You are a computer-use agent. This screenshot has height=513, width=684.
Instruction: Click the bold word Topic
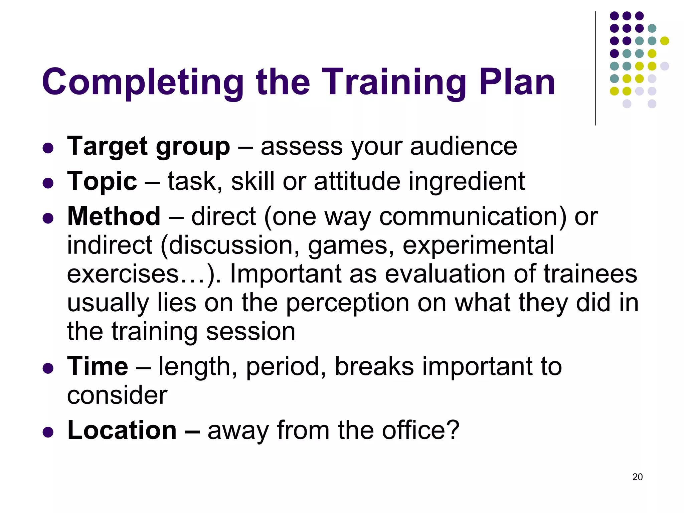point(102,182)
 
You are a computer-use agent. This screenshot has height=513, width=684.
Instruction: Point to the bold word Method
point(114,216)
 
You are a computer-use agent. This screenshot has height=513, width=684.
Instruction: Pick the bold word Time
point(98,366)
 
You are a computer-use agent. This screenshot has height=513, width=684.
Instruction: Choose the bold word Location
point(122,430)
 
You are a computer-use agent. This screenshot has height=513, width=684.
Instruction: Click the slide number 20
point(637,477)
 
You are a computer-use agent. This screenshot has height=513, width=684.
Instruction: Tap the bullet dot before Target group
point(48,148)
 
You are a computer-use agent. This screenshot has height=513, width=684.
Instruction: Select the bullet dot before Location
point(48,432)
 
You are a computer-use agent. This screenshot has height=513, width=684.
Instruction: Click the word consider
point(117,395)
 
